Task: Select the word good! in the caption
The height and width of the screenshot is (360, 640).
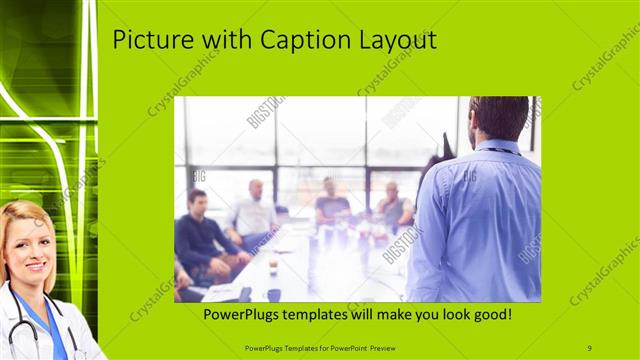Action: click(490, 315)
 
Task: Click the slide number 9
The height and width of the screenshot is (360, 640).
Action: click(590, 347)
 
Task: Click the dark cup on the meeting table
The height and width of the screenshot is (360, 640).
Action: click(273, 294)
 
